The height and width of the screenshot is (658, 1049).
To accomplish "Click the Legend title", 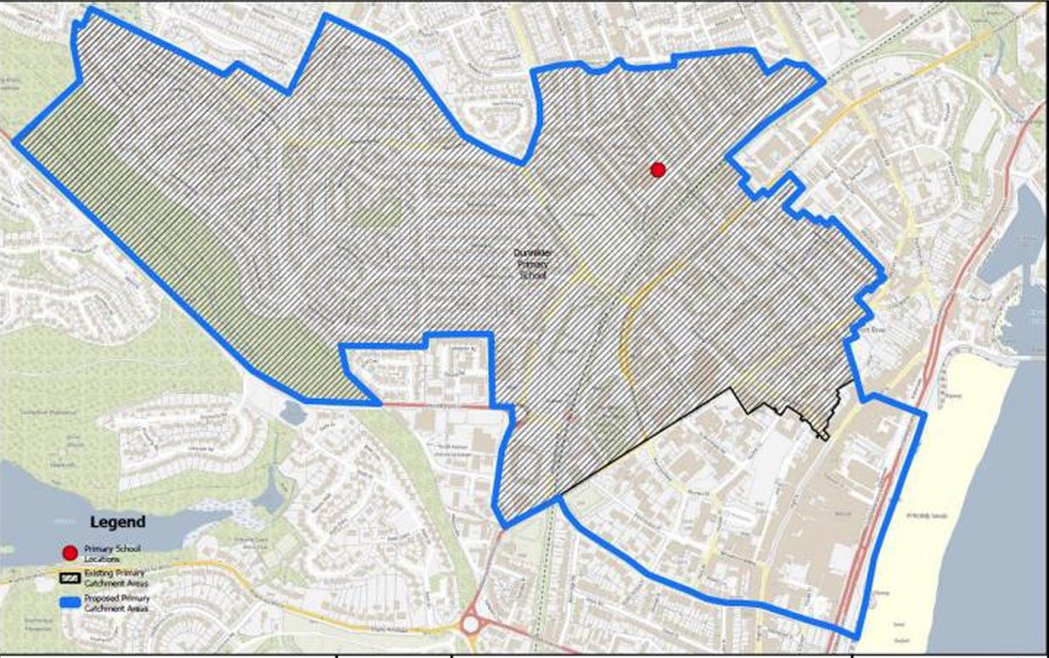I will pyautogui.click(x=117, y=522).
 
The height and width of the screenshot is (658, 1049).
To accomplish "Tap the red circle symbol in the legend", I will pyautogui.click(x=70, y=553).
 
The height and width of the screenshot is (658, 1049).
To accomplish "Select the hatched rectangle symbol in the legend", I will pyautogui.click(x=70, y=578).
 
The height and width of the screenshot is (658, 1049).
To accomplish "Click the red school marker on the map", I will pyautogui.click(x=658, y=170).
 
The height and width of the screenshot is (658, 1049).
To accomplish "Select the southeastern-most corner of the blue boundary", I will pyautogui.click(x=857, y=638).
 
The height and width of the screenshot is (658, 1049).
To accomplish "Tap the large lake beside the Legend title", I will pyautogui.click(x=51, y=501).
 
